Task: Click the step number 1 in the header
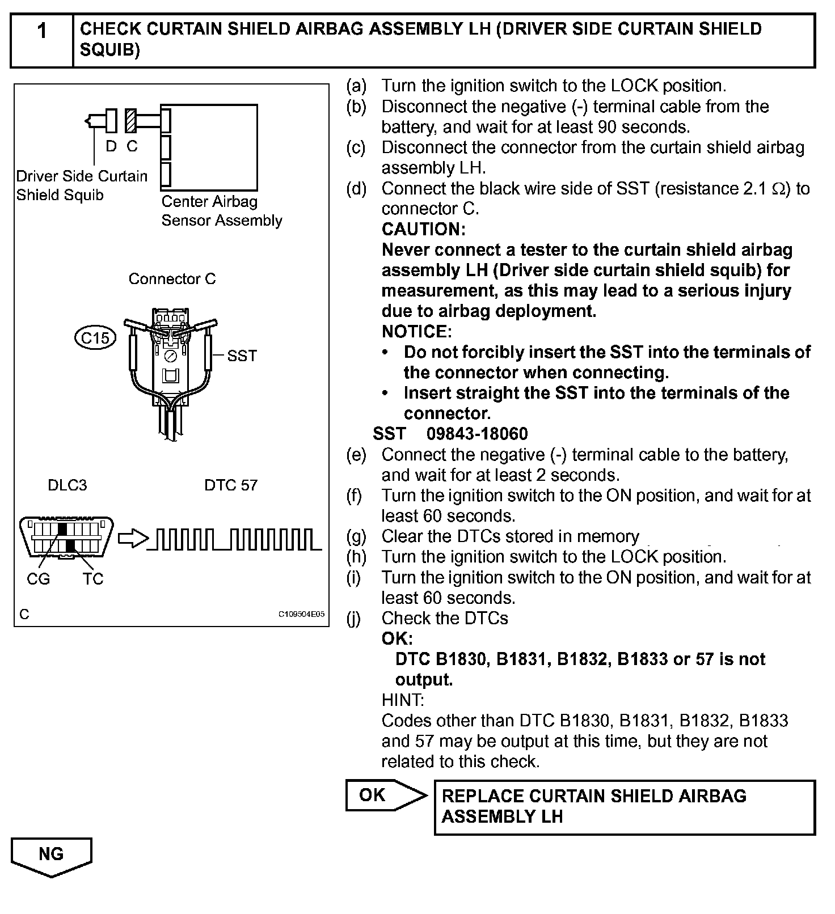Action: click(41, 32)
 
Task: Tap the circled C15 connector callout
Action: click(95, 338)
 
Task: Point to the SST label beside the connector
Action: click(242, 356)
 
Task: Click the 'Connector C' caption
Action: click(172, 279)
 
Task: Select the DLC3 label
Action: click(68, 485)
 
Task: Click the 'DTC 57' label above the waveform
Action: click(231, 485)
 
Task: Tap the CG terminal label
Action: click(38, 579)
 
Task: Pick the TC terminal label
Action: click(92, 579)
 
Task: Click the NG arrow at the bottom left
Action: click(51, 856)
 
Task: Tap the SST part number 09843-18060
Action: click(477, 434)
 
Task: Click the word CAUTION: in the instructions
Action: click(424, 229)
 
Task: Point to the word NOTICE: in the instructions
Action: click(417, 331)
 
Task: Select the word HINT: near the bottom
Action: click(403, 700)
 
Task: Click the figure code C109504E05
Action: click(301, 614)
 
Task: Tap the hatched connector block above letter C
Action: click(132, 121)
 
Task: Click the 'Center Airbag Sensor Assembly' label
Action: click(221, 211)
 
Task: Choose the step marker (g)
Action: click(357, 536)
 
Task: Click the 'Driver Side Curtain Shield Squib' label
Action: click(82, 185)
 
